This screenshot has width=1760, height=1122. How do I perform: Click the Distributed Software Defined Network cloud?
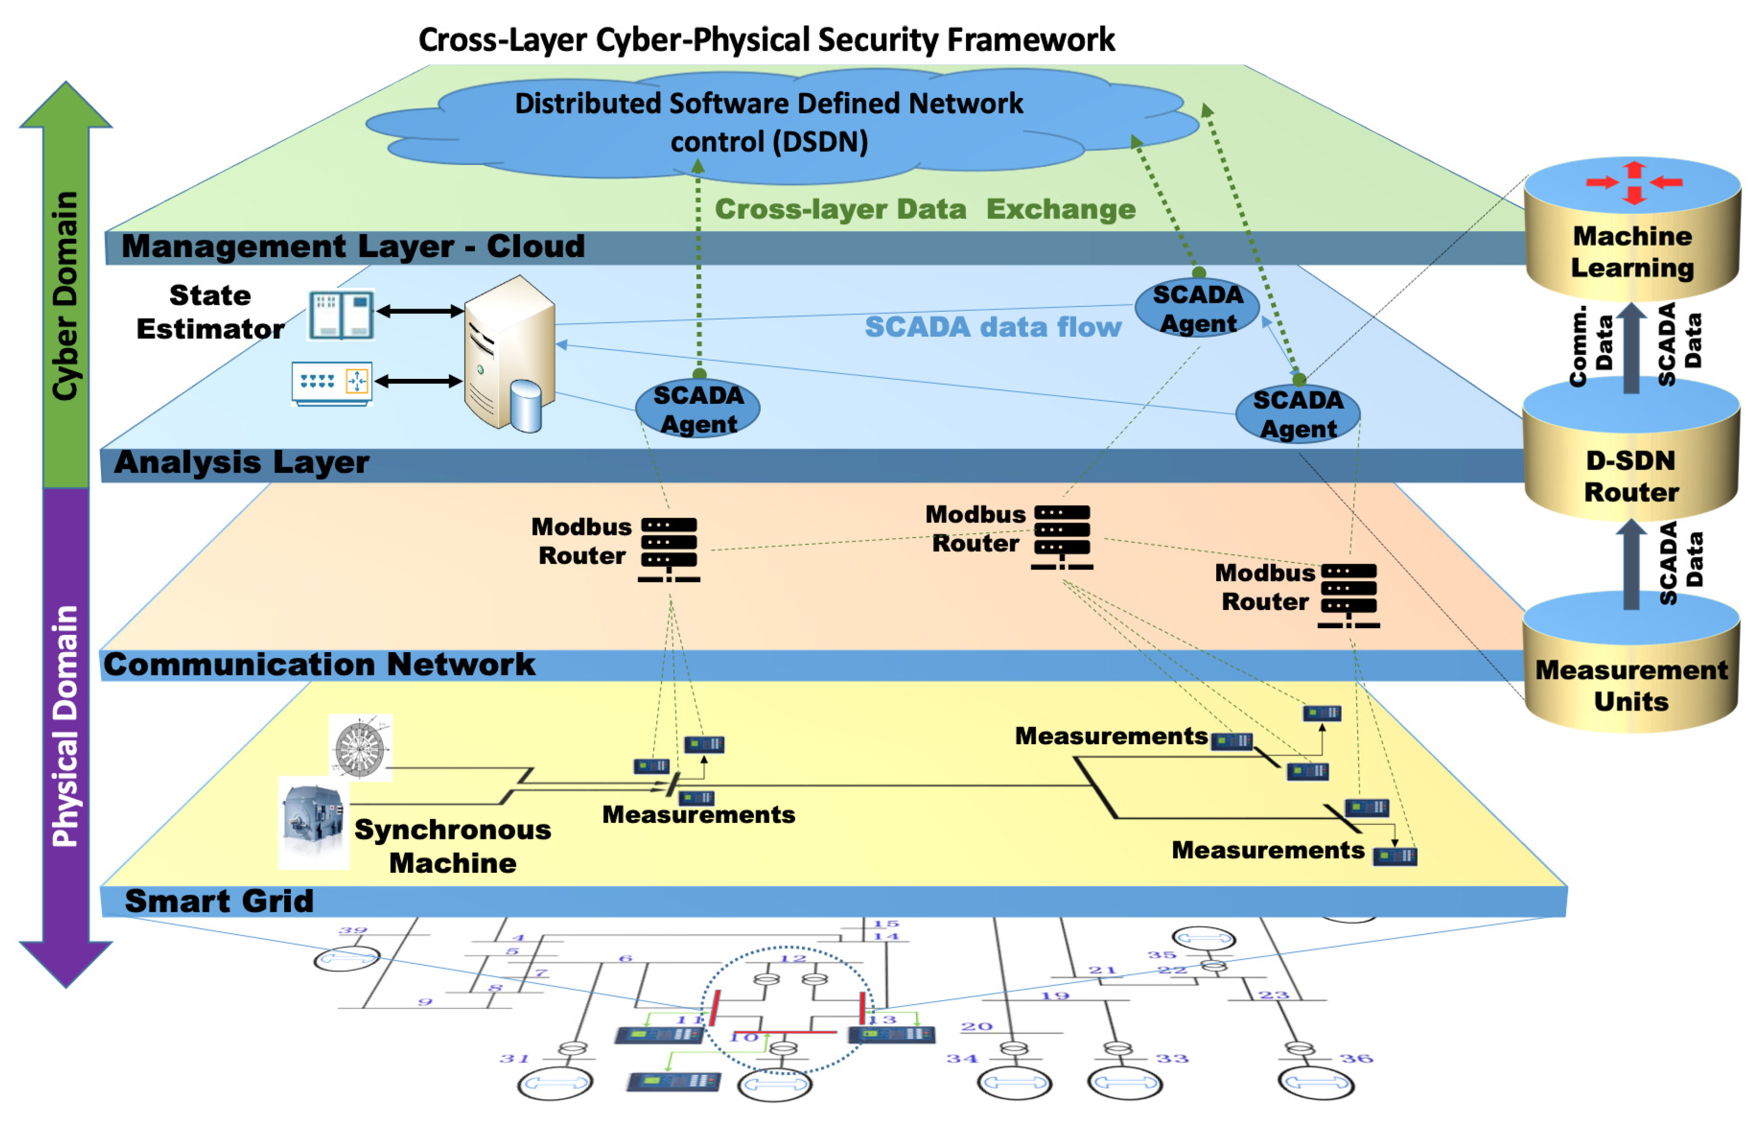(769, 123)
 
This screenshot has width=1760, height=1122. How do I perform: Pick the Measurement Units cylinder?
(1630, 684)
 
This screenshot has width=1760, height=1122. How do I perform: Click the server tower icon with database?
(509, 354)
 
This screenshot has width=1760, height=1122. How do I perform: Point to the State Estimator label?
(210, 312)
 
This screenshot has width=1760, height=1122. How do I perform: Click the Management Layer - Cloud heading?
(353, 246)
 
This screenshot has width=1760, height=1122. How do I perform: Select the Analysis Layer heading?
(241, 463)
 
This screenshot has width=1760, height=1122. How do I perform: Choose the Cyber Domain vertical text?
(65, 296)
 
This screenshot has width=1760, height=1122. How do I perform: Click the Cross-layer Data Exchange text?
(925, 210)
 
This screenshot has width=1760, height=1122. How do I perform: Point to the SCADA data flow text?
(992, 327)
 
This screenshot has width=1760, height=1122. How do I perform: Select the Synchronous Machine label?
(452, 846)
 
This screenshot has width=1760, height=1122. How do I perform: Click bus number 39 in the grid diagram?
(353, 930)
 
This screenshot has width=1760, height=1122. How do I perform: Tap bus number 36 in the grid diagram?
(1357, 1059)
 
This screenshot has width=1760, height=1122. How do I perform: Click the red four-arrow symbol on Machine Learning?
(1634, 182)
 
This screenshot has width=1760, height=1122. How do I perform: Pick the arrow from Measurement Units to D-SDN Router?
(1630, 564)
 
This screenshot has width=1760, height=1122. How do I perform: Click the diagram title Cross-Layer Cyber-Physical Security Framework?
(767, 40)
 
